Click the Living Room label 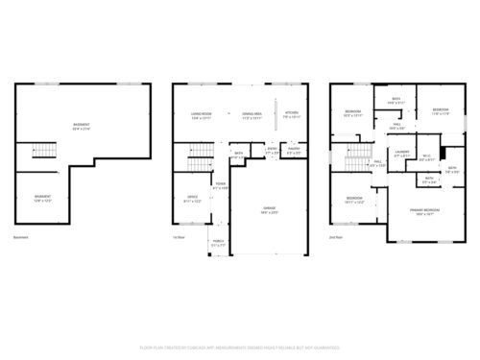click(201, 113)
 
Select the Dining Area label click(252, 113)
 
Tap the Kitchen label click(291, 113)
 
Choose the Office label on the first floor click(191, 199)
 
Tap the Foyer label click(221, 185)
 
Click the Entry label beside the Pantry click(273, 149)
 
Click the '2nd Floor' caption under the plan click(335, 237)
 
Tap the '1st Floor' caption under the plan click(178, 237)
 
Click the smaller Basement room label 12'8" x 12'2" click(42, 197)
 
